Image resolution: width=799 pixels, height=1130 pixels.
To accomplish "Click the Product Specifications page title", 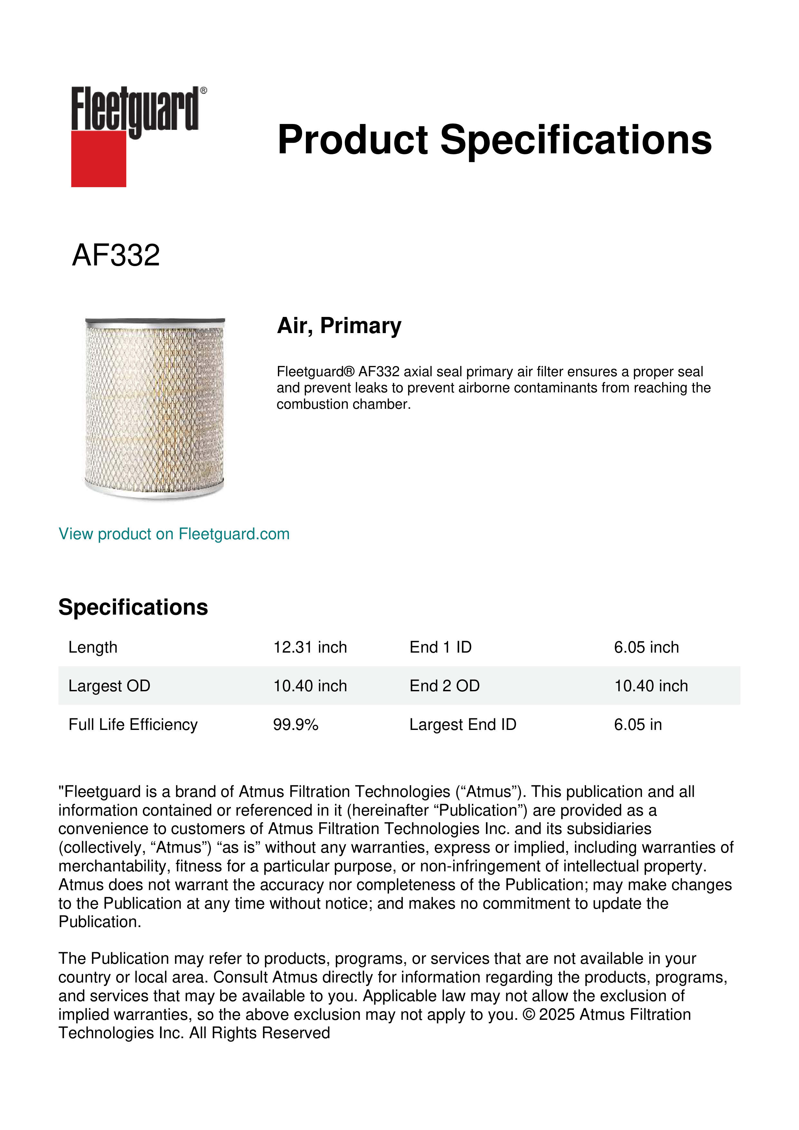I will (x=494, y=140).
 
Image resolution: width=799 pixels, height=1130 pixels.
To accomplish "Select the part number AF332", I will (x=116, y=255).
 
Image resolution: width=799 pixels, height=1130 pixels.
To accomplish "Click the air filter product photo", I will (x=155, y=408).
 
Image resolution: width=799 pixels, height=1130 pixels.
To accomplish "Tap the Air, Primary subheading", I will (x=339, y=326).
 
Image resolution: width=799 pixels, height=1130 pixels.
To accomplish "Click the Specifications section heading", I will (x=133, y=607).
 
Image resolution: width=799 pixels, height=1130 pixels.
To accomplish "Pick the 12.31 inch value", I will (x=310, y=647).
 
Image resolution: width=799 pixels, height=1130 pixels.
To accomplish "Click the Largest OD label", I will (x=109, y=685).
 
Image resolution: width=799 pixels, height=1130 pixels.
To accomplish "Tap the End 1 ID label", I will (x=440, y=647).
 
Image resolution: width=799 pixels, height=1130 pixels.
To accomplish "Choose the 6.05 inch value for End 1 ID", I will (x=646, y=647).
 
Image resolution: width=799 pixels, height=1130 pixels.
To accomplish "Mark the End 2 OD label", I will (x=444, y=685).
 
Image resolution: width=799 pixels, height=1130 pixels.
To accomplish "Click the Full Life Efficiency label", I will (x=133, y=724).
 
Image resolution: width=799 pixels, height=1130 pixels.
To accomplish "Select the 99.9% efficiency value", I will (x=296, y=724).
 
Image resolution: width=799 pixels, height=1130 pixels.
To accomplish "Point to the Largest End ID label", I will (x=462, y=724).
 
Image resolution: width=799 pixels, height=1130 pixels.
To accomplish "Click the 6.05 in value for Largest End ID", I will (x=638, y=724).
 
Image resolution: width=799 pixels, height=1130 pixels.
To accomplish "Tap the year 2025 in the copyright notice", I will (x=557, y=1014).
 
